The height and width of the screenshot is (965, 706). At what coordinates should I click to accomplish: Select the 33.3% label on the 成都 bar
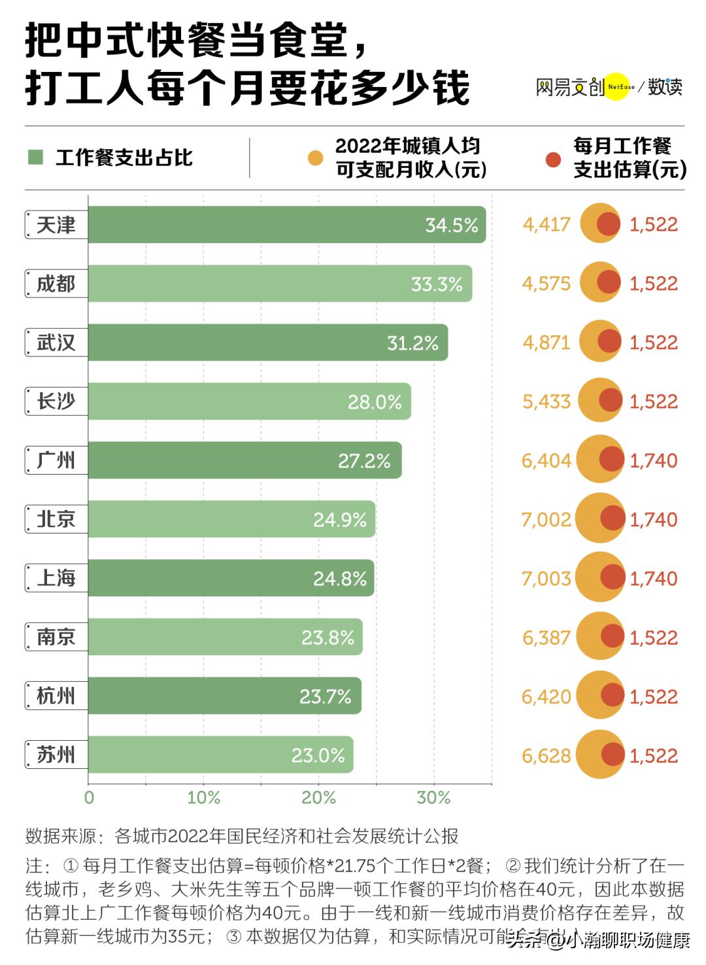436,284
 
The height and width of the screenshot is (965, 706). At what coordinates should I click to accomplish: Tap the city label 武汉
56,343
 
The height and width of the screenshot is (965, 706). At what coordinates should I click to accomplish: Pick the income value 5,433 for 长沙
546,401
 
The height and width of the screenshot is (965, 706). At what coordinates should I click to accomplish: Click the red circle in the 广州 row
612,460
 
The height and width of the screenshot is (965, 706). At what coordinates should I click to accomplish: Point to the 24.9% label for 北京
339,520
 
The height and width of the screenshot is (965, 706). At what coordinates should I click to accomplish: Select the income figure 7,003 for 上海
546,579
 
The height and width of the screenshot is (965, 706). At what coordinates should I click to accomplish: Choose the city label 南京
56,637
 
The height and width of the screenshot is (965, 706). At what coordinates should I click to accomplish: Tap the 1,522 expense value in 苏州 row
653,756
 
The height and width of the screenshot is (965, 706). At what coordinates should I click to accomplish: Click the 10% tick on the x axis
203,798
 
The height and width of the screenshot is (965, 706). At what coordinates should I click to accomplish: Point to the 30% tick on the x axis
433,798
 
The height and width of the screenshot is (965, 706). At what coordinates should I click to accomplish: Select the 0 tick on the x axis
90,798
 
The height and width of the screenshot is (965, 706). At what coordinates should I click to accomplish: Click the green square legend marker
36,158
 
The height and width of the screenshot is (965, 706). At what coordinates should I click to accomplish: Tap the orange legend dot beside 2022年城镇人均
316,158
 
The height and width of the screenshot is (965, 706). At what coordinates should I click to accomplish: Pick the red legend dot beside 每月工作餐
554,159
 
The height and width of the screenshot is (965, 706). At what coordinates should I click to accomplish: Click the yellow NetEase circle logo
616,86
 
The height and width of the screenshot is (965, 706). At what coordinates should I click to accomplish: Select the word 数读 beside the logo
665,86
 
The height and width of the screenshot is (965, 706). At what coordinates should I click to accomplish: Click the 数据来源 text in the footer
60,836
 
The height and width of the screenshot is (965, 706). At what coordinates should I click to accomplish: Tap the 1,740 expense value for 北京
653,520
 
